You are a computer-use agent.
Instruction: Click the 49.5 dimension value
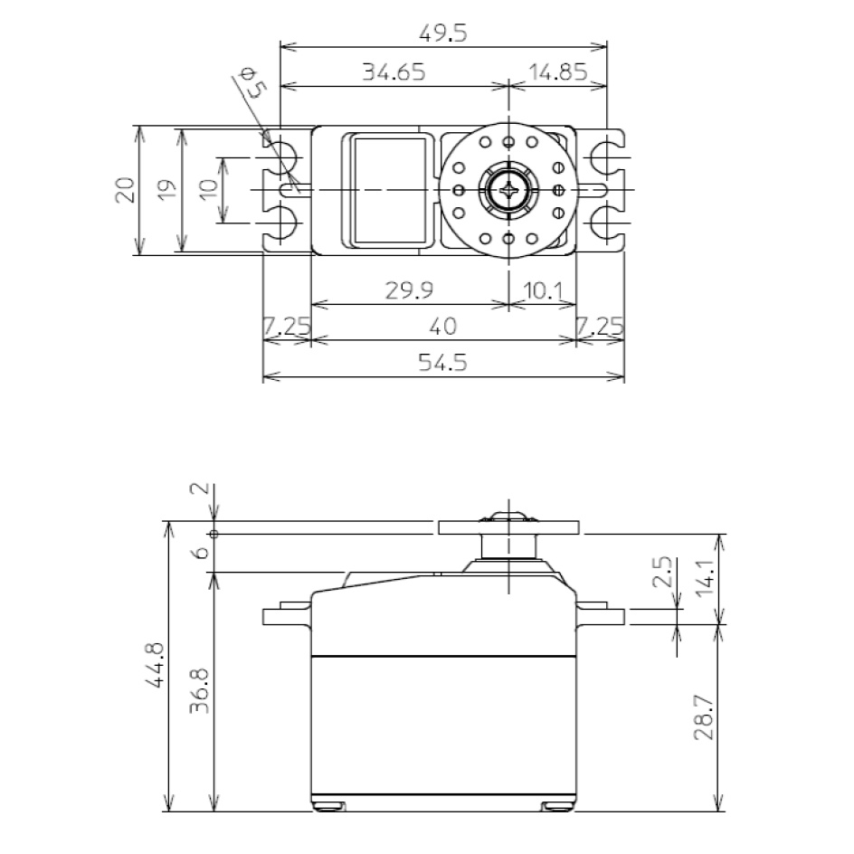(443, 33)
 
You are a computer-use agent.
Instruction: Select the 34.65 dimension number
(394, 72)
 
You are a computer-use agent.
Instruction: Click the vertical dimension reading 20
(126, 190)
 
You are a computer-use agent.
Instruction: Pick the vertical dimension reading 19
(166, 190)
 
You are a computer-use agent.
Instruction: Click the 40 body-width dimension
(443, 326)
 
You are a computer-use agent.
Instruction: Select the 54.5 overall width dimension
(443, 362)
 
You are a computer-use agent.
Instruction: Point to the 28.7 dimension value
(706, 719)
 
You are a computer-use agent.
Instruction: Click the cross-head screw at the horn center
(508, 190)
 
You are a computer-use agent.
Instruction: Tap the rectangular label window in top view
(388, 190)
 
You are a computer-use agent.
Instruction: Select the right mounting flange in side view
(601, 616)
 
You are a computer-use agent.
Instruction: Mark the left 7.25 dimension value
(286, 326)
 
